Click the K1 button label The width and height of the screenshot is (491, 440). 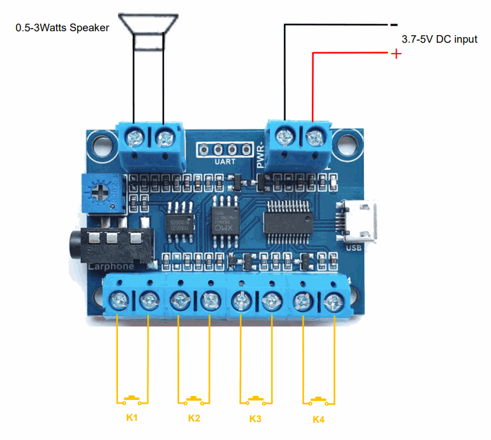tap(132, 418)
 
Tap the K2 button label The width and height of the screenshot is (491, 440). tap(194, 419)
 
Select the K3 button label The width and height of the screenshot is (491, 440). tap(255, 419)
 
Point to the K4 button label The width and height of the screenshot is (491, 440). tap(319, 420)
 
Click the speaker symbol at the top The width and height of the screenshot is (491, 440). tap(149, 31)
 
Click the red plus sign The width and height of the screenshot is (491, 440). tap(396, 54)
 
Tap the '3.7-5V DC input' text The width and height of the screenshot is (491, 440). tap(439, 39)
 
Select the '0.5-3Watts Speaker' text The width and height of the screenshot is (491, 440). tap(62, 27)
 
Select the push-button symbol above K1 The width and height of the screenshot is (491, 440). tap(133, 399)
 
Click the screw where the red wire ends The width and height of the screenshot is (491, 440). tap(314, 136)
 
